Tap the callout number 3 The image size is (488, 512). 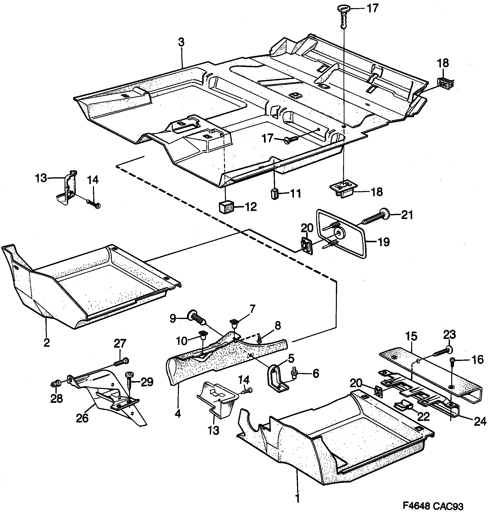click(181, 42)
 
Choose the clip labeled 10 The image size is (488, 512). click(202, 335)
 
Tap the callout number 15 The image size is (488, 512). click(411, 336)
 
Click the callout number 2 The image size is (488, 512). click(47, 343)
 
